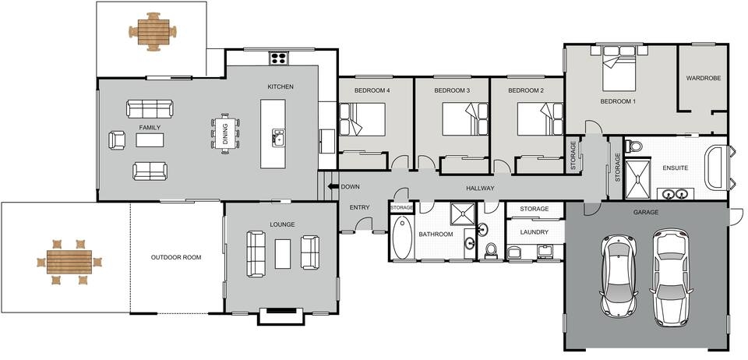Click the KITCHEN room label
[x=280, y=86]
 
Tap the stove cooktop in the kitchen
[x=279, y=58]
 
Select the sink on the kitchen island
[x=277, y=139]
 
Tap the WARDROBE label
[x=702, y=79]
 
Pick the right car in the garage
[x=672, y=277]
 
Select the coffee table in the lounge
[x=282, y=254]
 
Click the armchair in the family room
[x=117, y=140]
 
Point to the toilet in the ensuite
[x=633, y=146]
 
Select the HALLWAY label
[x=480, y=189]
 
